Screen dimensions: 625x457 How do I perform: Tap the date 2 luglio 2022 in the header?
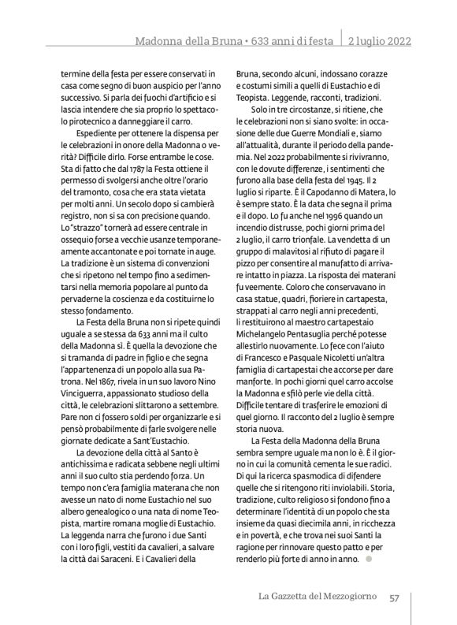(379, 40)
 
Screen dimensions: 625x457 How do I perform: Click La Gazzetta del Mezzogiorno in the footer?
(320, 597)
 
